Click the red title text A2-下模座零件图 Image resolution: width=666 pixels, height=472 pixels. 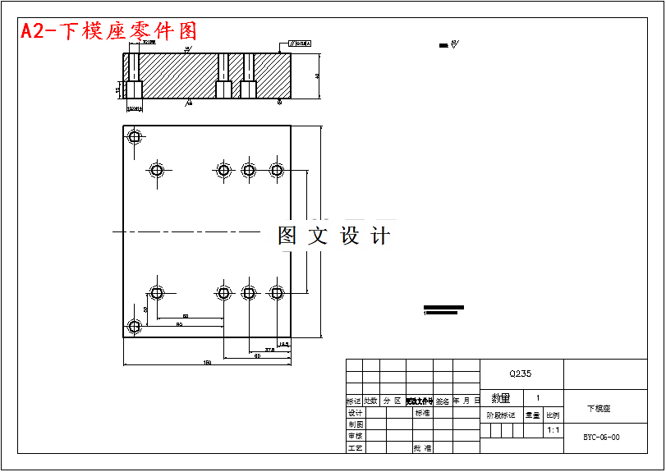108,31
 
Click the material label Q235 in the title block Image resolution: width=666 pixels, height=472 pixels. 521,373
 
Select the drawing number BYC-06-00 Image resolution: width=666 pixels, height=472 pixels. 601,438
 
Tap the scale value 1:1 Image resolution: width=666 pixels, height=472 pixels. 553,429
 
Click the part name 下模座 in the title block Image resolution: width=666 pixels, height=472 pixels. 599,408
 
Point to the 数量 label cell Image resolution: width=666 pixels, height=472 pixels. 501,398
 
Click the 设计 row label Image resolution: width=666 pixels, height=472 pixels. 355,413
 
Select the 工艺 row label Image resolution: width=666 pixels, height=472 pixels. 355,448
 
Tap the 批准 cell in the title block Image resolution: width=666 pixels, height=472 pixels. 422,448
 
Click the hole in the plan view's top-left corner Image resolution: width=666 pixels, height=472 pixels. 135,137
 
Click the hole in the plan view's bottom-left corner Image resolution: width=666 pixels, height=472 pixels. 135,327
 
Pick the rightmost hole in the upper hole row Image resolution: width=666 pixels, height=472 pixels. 277,171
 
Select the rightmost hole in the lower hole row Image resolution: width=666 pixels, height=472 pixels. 277,292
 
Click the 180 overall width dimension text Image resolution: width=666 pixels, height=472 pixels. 207,362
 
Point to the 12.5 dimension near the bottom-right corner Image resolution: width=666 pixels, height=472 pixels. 283,344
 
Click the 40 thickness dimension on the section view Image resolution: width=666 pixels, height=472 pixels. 317,76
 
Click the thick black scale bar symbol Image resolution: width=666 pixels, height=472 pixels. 443,310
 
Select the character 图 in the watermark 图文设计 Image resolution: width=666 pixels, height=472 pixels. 287,236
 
